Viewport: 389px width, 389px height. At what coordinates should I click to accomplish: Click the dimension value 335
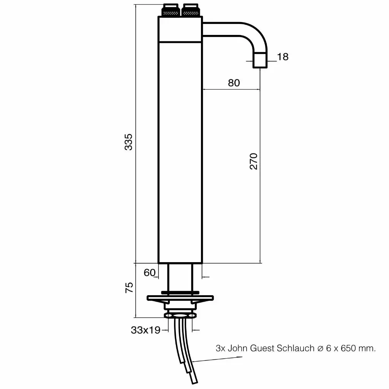129,142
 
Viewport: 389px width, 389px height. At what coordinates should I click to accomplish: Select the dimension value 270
253,161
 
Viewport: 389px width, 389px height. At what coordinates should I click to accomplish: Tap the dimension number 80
234,83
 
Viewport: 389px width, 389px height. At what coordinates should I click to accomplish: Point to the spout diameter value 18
283,57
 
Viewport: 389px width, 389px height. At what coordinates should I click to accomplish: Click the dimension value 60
150,272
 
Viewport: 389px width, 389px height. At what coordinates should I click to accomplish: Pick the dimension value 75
129,287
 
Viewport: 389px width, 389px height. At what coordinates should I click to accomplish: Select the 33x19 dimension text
145,330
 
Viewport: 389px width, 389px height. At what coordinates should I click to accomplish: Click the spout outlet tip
260,61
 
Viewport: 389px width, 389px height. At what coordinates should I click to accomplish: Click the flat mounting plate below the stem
181,298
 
